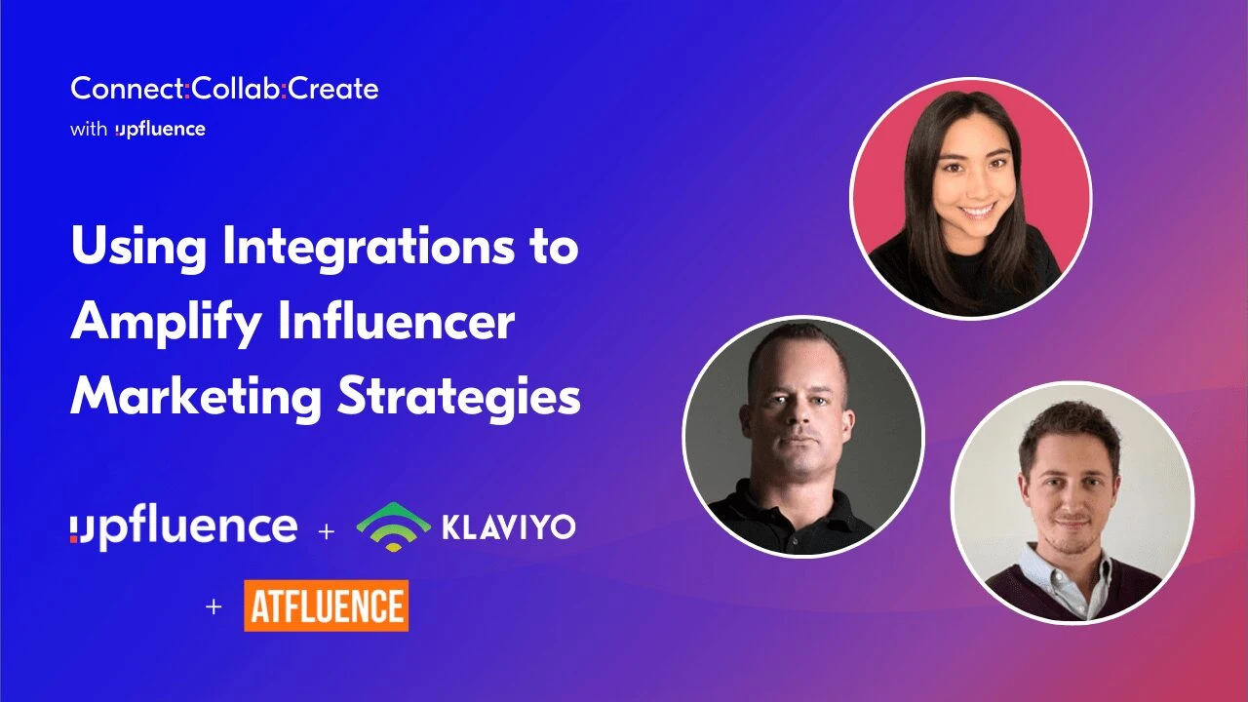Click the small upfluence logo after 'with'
[x=160, y=130]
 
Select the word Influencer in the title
[x=396, y=324]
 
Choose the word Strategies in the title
[x=458, y=398]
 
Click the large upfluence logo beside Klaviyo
[x=183, y=527]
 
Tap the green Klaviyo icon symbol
[x=393, y=526]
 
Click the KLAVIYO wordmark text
[x=508, y=527]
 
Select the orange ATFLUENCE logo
[x=326, y=605]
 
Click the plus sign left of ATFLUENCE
[x=214, y=606]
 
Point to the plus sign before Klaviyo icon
[x=326, y=531]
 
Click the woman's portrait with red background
[x=970, y=198]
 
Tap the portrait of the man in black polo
[x=802, y=436]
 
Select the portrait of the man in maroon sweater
[x=1072, y=501]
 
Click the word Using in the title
[x=136, y=250]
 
